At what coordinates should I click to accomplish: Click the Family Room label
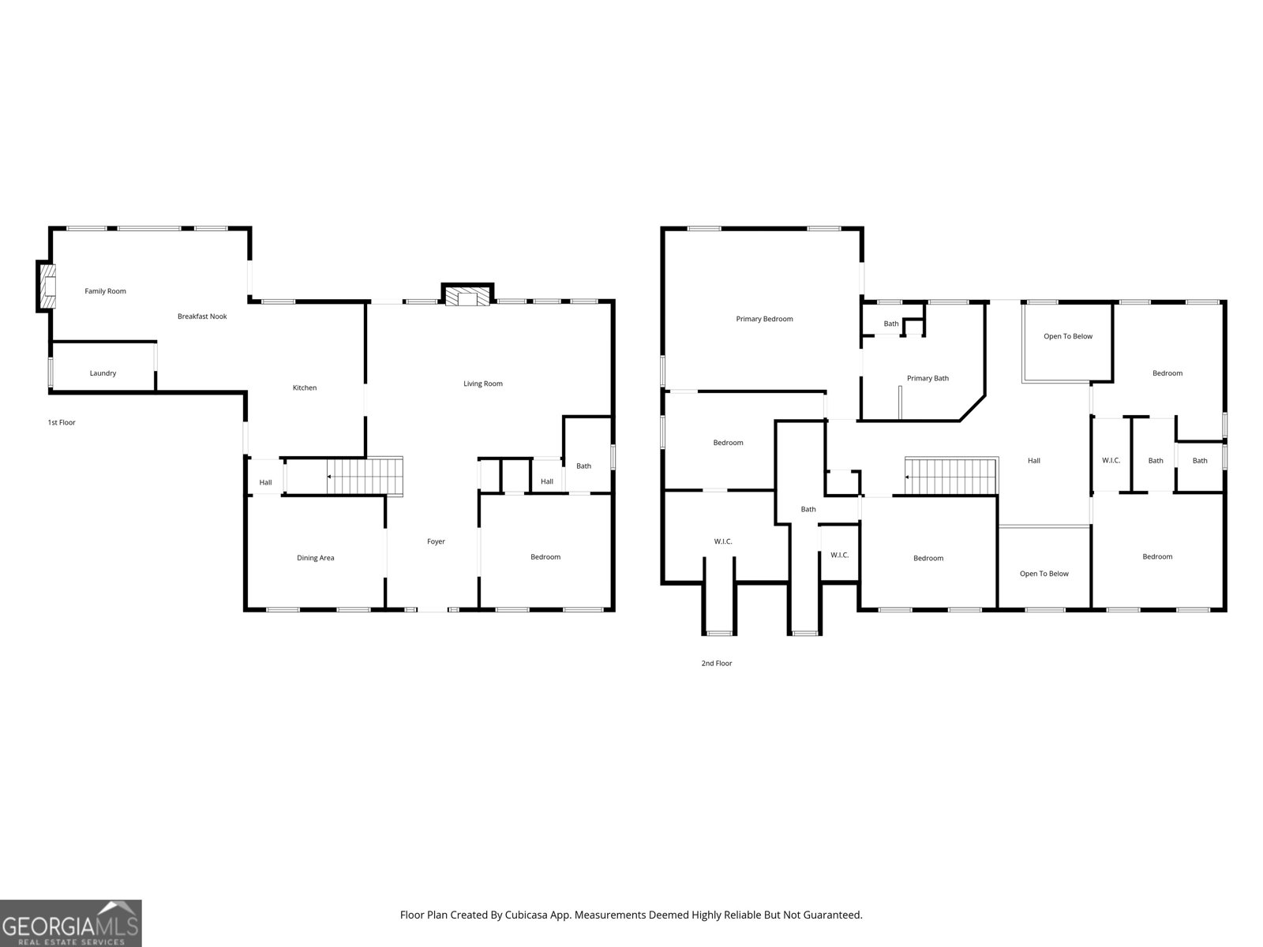pos(105,291)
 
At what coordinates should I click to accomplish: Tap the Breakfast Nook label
pos(202,316)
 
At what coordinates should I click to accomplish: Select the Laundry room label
pos(103,373)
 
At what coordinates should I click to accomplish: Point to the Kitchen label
pos(305,387)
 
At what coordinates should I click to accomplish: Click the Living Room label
pos(483,384)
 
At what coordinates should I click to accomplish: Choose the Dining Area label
pos(315,558)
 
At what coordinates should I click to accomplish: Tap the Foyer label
pos(436,541)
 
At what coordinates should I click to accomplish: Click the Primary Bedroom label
pos(764,319)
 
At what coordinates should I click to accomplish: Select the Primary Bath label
pos(928,378)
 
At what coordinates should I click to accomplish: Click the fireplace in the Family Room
pos(47,286)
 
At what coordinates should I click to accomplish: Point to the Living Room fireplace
pos(467,294)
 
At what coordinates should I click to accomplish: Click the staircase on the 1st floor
pos(365,477)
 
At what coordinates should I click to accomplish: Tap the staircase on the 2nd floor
pos(951,476)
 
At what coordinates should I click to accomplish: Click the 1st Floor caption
pos(62,423)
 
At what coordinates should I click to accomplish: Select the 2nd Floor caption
pos(717,663)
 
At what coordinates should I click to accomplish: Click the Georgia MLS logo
pos(71,923)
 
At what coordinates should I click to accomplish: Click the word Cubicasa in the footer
pos(526,915)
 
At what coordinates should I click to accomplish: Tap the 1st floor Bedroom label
pos(545,556)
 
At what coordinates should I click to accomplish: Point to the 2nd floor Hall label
pos(1034,461)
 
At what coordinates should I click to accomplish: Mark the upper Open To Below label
pos(1068,336)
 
